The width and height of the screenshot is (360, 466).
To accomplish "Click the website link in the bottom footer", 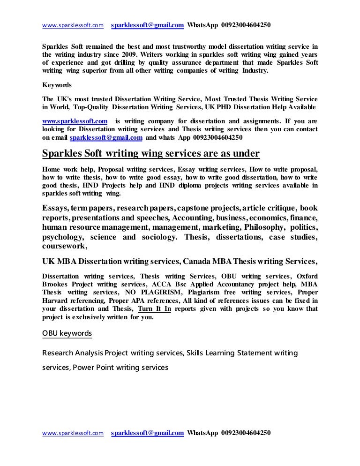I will tap(73, 434).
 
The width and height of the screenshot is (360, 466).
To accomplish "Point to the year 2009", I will tap(129, 54).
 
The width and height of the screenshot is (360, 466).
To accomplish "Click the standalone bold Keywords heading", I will tap(57, 85).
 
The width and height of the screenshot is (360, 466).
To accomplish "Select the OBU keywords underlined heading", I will tap(67, 333).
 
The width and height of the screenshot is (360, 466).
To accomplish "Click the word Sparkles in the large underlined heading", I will tap(64, 154).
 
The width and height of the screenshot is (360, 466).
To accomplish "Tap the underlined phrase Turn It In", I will tap(155, 308).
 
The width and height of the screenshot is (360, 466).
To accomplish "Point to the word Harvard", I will tap(57, 301).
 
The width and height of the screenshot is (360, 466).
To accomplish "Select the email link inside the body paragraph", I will tap(106, 138).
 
